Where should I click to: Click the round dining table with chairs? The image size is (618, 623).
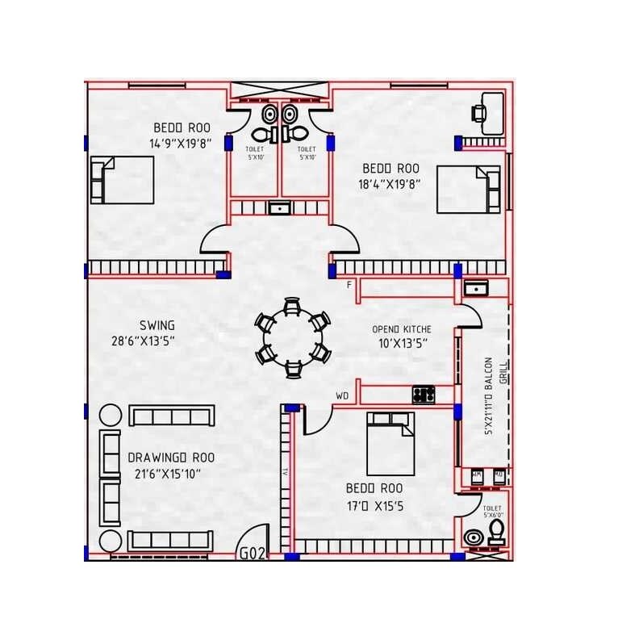coord(292,337)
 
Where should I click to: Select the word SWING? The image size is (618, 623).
coord(157,325)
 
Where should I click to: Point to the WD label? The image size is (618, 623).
coord(342,395)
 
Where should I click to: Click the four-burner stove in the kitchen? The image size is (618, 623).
coord(424,395)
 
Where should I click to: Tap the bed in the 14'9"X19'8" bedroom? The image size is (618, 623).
coord(122,180)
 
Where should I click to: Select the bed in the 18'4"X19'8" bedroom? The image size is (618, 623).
coord(469,189)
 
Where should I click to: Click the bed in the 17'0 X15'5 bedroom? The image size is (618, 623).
coord(390,443)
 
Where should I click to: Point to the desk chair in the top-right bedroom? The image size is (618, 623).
coord(482,112)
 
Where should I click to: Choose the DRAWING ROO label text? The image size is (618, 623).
coord(171,458)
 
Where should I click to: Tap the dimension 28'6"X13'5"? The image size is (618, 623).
coord(143,340)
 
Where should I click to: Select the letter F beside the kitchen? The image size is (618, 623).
coord(349,285)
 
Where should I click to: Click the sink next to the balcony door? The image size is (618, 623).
coord(474,287)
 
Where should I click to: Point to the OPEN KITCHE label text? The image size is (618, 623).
coord(401,329)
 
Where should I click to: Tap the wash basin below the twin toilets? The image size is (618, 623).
coord(279,208)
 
